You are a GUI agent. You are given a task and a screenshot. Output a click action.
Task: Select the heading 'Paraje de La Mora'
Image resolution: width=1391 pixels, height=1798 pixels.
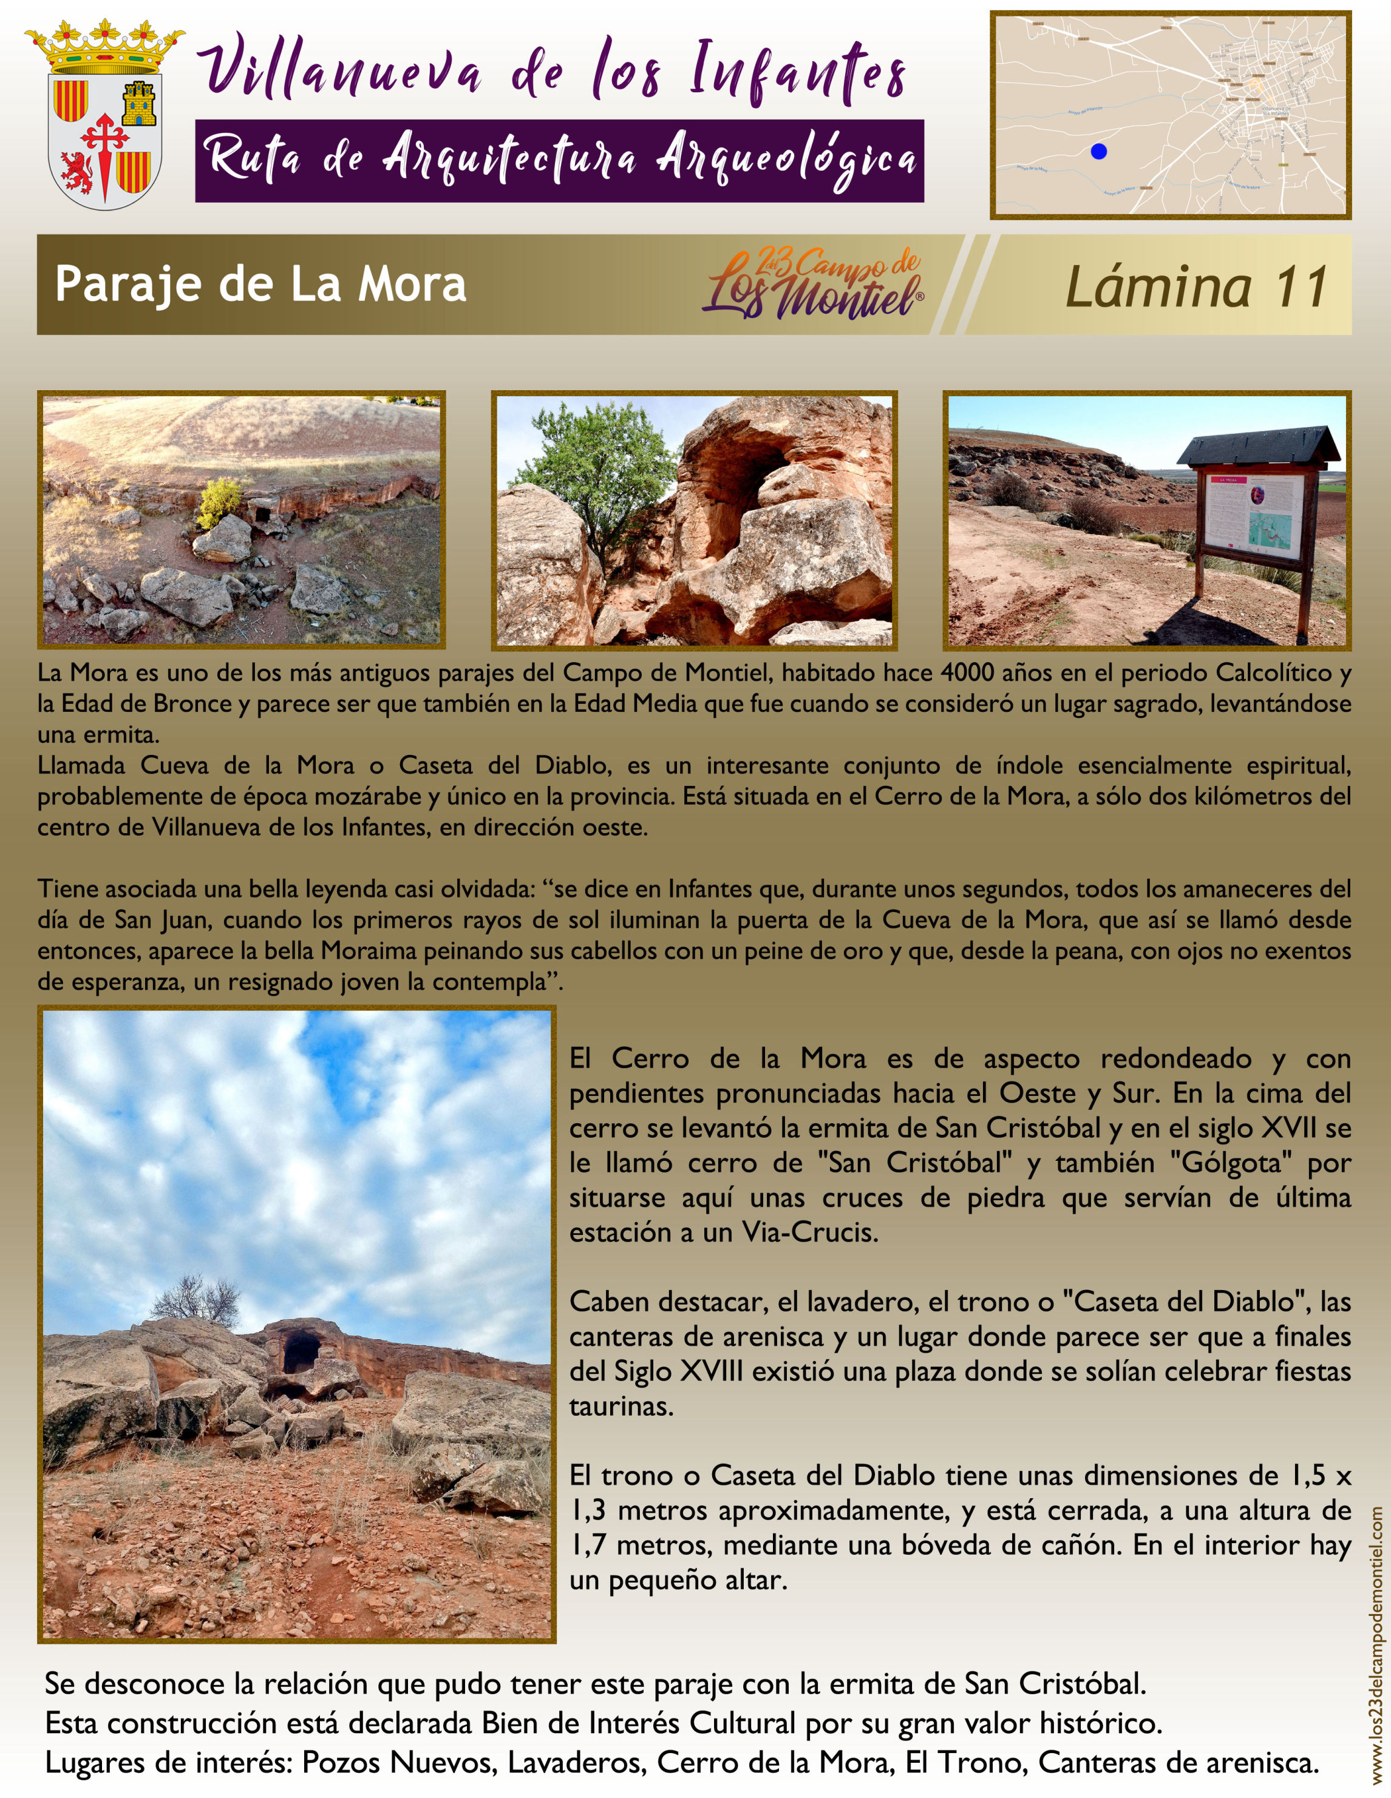coord(260,284)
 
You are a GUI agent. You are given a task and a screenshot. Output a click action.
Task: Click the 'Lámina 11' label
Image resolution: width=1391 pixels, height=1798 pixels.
coord(1196,286)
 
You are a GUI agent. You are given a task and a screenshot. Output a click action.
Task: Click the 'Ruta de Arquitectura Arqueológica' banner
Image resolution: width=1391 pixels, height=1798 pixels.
coord(559,161)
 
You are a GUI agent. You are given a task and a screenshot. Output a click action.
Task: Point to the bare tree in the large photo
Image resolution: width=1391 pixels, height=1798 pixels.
coord(196,1299)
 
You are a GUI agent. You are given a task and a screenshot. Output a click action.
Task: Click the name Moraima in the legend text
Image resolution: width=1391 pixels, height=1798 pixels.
coord(369,951)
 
